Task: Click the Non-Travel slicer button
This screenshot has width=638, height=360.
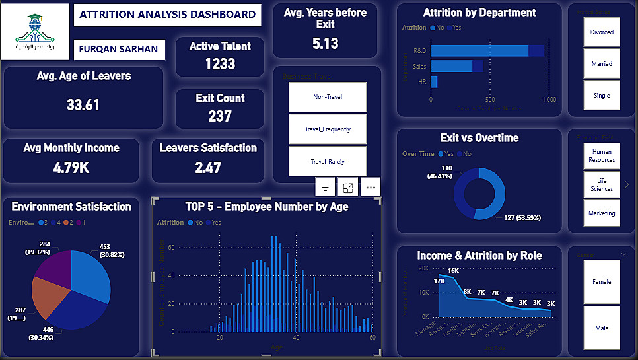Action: coord(328,97)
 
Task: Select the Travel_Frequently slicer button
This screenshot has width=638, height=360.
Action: coord(328,129)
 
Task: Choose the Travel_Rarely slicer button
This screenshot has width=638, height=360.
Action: coord(328,161)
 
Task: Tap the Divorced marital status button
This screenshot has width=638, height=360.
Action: coord(602,32)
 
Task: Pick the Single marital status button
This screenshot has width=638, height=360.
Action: coord(602,95)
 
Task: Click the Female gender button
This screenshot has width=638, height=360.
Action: coord(602,282)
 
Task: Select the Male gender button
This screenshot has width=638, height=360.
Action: coord(602,328)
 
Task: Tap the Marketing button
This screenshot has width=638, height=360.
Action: coord(602,213)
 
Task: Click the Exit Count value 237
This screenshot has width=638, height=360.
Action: coord(220,116)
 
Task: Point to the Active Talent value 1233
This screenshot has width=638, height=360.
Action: coord(220,64)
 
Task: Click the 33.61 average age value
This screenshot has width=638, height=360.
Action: coord(83,104)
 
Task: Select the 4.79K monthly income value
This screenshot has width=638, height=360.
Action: coord(71,168)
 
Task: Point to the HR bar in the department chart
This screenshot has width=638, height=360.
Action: coord(434,81)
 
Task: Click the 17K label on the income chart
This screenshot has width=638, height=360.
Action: coord(439,281)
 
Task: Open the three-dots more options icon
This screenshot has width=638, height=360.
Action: coord(371,188)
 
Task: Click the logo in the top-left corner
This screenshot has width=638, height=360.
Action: coord(36,32)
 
